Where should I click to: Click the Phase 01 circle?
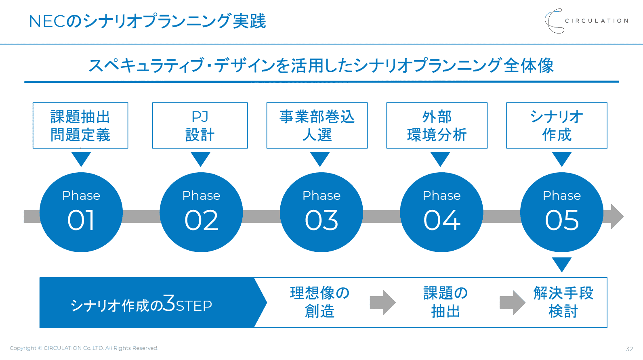point(81,212)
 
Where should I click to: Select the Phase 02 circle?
point(201,212)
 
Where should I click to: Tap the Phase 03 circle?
point(321,212)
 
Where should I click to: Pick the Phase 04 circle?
point(441,212)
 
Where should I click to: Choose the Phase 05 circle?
point(562,212)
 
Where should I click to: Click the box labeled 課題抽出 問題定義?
point(80,126)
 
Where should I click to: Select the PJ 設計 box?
point(200,126)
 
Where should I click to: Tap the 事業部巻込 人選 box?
point(317,126)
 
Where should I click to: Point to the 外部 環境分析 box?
point(437,126)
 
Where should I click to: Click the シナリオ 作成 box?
point(557,126)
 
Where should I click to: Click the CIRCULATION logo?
point(586,21)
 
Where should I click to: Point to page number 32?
point(629,349)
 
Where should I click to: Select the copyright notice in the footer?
point(84,348)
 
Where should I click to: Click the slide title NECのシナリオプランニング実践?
point(147,21)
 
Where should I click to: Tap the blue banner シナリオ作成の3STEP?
point(153,303)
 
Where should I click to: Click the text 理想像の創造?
point(320,302)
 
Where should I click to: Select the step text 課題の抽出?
point(445,302)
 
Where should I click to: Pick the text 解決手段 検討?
point(563,302)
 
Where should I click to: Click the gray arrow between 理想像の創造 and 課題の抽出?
point(382,303)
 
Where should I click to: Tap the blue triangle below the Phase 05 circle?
point(562,264)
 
